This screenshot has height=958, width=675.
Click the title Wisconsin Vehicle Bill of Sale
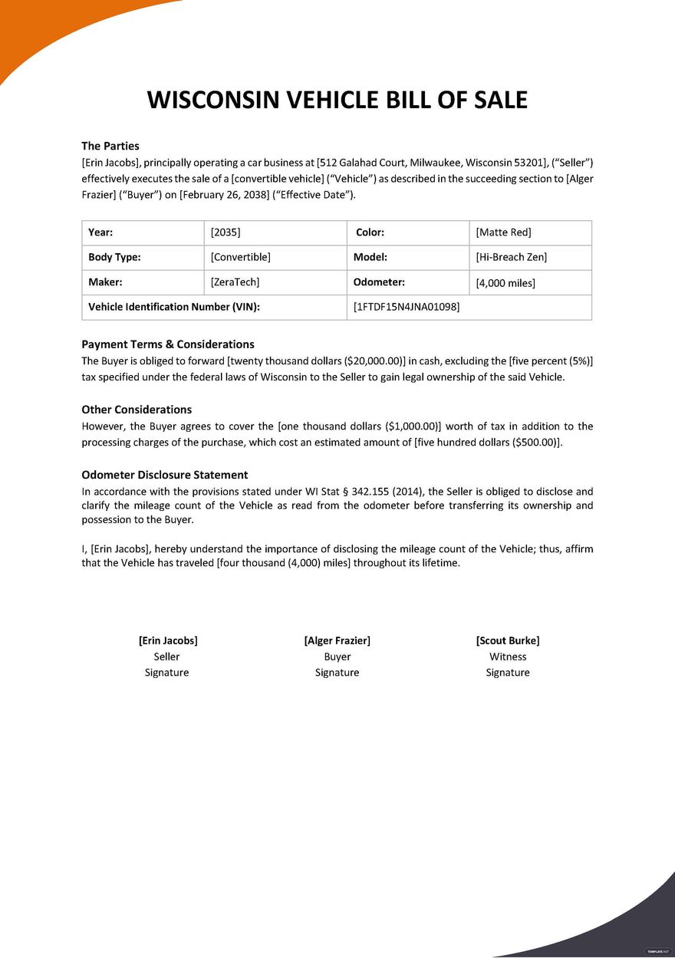coord(337,100)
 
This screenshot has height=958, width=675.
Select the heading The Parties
coord(110,146)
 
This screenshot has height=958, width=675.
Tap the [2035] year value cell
coord(226,232)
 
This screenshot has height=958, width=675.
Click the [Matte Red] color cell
coord(503,232)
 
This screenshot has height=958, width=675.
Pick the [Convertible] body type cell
coord(240,258)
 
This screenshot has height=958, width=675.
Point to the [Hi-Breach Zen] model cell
coord(511,258)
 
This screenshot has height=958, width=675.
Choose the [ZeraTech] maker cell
coord(235,282)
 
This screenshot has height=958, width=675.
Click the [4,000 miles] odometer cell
coord(505,283)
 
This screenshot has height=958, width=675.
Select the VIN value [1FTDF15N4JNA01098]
coord(406,307)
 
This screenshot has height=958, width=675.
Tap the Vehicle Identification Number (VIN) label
coord(174,307)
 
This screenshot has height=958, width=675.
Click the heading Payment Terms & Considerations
coord(168,344)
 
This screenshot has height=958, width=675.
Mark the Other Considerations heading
coord(137,410)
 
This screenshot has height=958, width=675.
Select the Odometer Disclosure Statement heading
coord(165,475)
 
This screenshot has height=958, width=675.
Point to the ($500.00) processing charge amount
coord(532,443)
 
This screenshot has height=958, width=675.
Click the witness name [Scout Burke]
coord(507,640)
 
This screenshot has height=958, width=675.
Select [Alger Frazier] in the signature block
coord(337,640)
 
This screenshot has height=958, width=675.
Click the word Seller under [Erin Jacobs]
coord(166,657)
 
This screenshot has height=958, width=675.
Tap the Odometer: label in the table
coord(379,282)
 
